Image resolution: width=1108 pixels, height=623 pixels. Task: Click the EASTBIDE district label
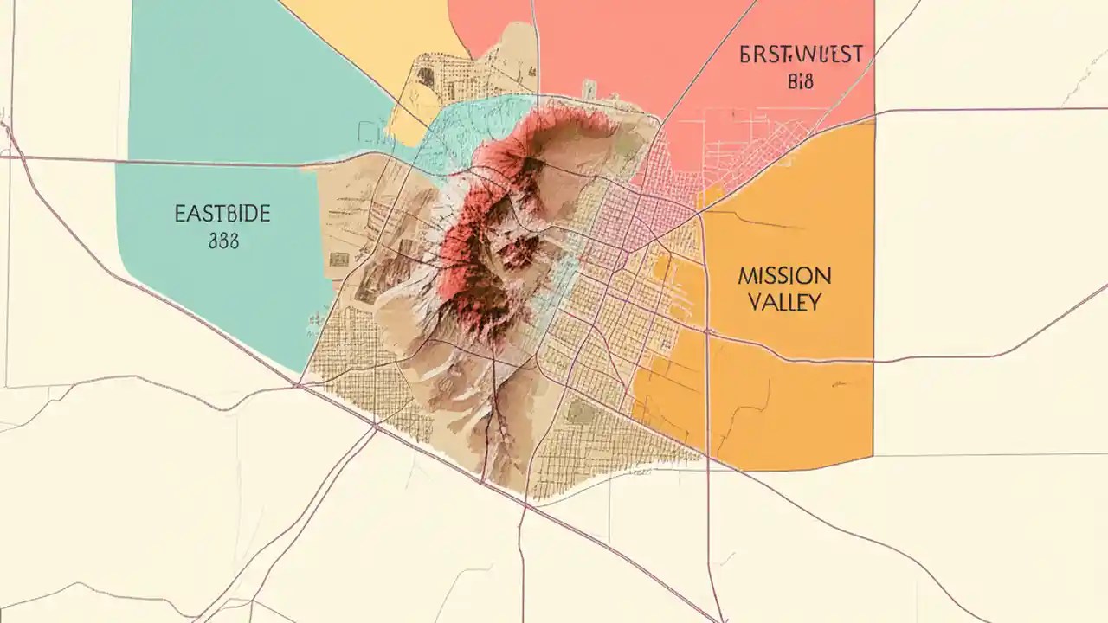click(222, 214)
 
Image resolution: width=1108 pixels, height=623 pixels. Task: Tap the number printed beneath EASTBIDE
click(222, 240)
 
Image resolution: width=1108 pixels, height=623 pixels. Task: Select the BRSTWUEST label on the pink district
click(801, 55)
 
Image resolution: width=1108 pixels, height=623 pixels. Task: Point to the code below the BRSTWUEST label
click(802, 82)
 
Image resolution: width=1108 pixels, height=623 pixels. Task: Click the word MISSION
click(784, 277)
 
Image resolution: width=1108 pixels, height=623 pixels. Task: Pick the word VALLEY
click(784, 302)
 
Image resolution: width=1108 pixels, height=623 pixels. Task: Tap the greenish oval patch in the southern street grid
click(582, 414)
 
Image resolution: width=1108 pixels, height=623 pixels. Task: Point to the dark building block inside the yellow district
click(425, 76)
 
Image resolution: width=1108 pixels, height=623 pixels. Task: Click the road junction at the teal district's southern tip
click(299, 381)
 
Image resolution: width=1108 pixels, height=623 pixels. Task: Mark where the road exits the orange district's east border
click(873, 360)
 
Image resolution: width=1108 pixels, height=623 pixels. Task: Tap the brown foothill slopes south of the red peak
click(467, 389)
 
